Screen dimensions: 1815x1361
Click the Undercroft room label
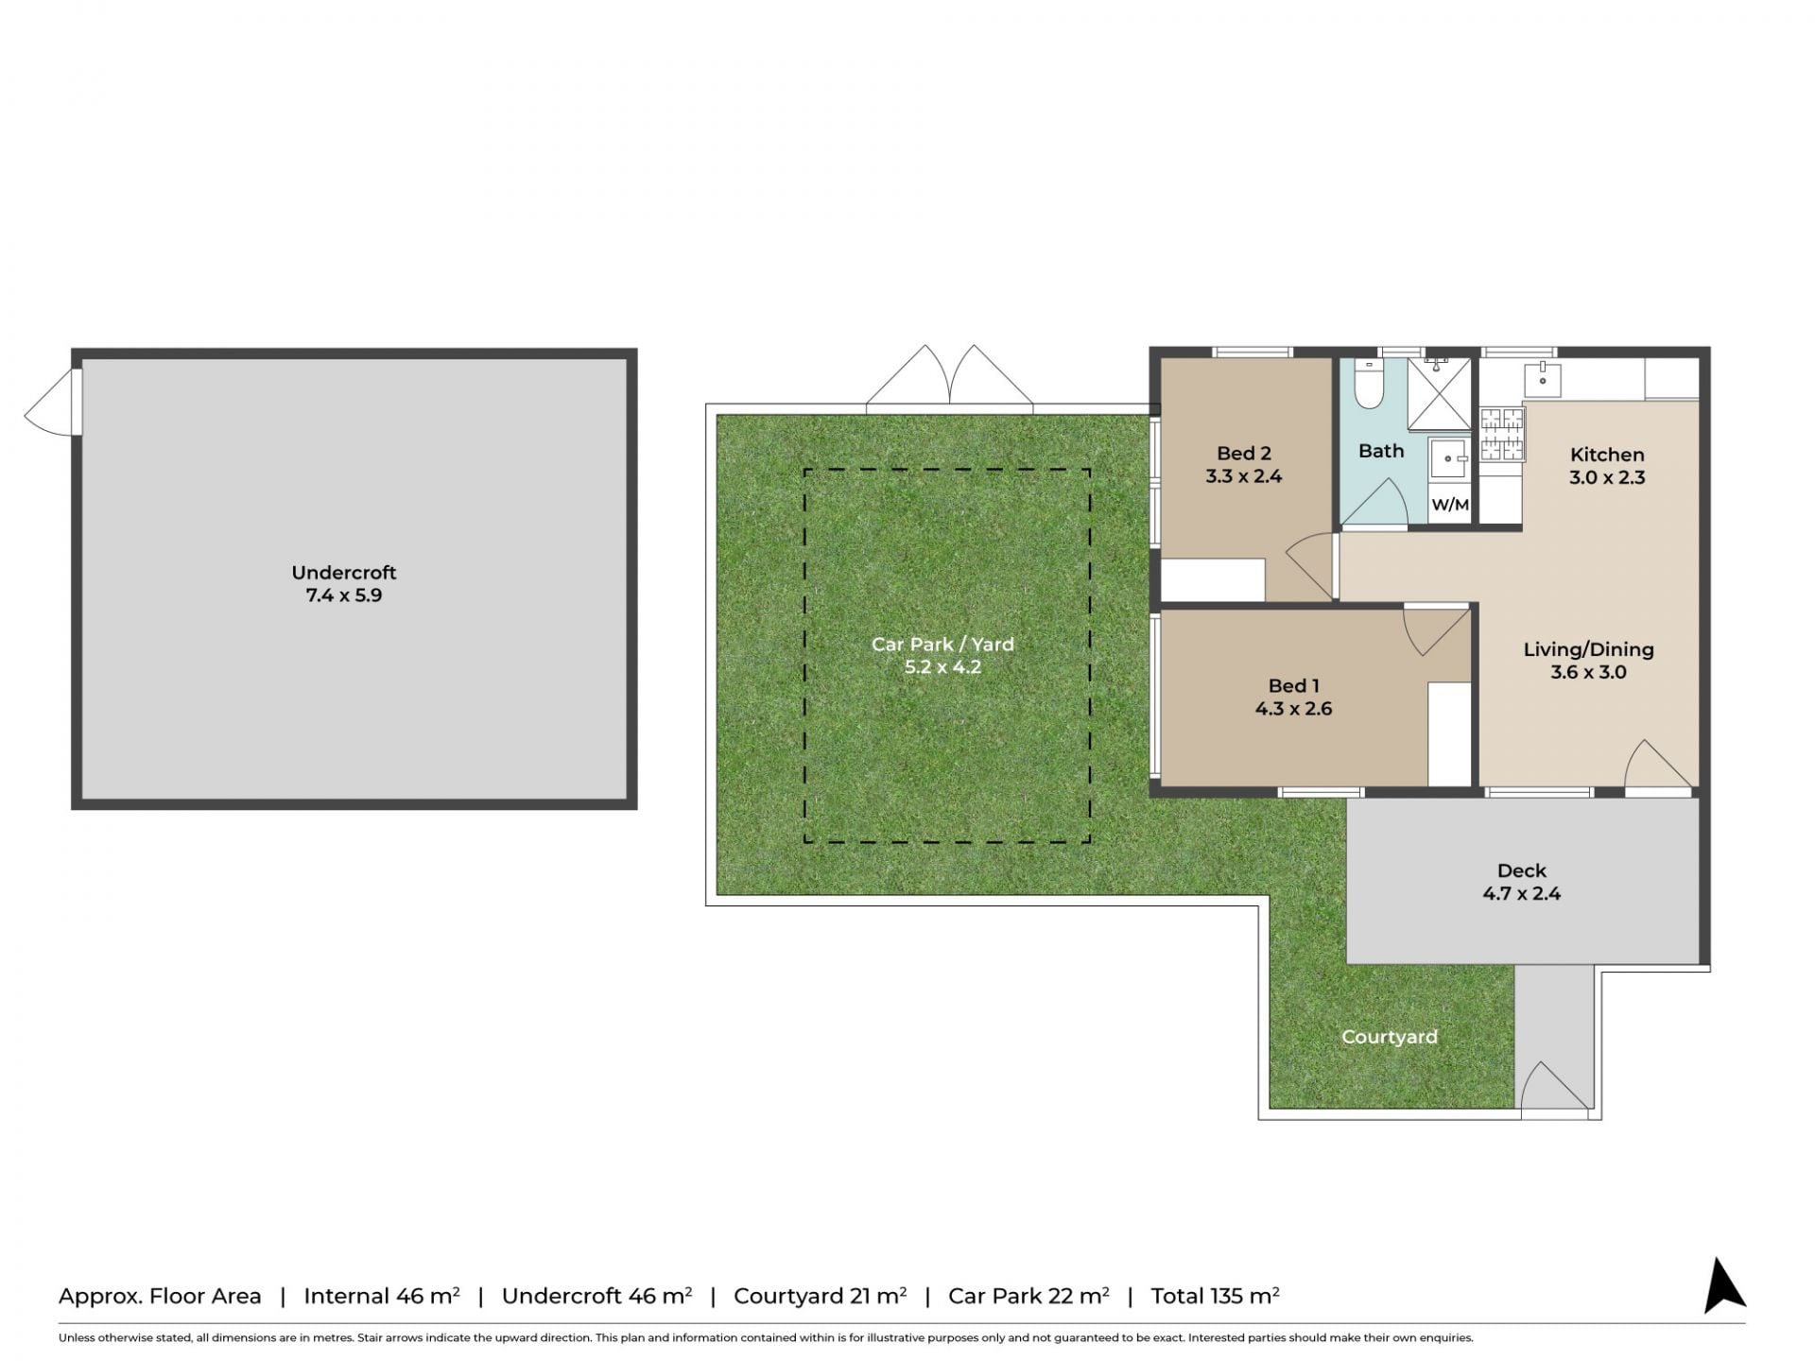click(x=343, y=573)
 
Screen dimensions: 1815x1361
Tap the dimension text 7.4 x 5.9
click(x=343, y=595)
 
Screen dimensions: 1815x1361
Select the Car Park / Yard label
click(x=942, y=645)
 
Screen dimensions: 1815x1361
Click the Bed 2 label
click(x=1243, y=454)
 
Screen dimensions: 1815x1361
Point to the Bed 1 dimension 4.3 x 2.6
click(x=1293, y=709)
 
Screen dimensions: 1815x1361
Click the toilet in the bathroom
click(x=1368, y=384)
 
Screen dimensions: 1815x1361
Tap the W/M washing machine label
click(x=1450, y=505)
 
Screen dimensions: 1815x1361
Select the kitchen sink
click(x=1543, y=378)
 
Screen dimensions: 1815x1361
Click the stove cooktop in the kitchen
click(x=1501, y=434)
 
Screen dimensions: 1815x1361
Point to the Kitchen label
click(x=1607, y=455)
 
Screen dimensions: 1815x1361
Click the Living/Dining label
click(x=1588, y=649)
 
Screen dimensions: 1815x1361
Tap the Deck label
click(x=1521, y=870)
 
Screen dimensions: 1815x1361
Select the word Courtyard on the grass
click(x=1390, y=1037)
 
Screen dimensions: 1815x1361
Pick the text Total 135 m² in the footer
click(x=1215, y=1296)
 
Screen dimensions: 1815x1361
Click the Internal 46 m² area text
click(x=382, y=1296)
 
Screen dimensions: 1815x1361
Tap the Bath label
click(x=1381, y=451)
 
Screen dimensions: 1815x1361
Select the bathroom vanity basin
click(x=1448, y=459)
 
